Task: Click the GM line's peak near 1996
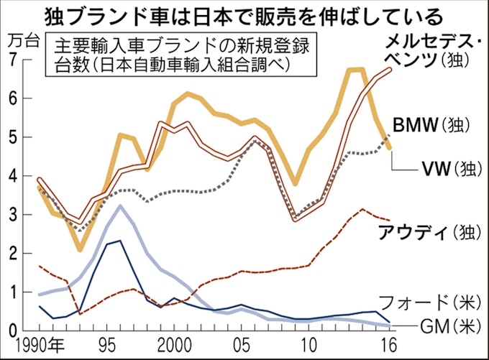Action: (119, 206)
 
